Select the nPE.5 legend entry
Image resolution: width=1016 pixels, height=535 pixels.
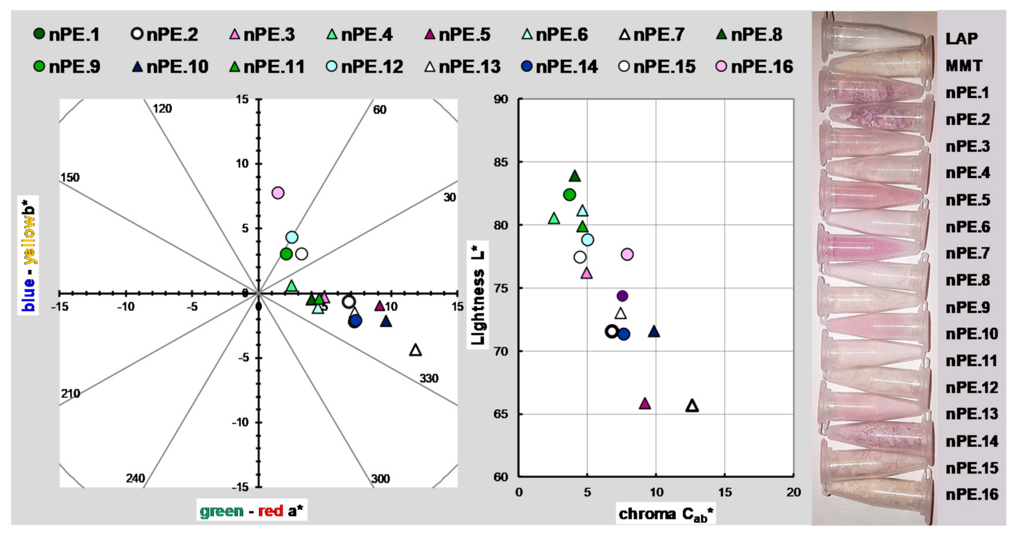(x=458, y=35)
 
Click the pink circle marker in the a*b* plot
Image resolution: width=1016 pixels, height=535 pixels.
(x=278, y=193)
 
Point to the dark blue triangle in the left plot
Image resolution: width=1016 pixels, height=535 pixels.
(x=386, y=321)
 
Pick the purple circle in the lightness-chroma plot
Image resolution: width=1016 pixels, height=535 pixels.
(x=622, y=296)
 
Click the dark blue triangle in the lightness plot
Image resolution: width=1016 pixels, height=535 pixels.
(x=654, y=332)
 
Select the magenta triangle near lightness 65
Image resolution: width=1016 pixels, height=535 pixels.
(x=645, y=404)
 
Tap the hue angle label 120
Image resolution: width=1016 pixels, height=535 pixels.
(x=163, y=109)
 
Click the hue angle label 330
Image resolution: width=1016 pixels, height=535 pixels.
(x=428, y=378)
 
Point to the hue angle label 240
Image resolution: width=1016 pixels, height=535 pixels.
(x=135, y=478)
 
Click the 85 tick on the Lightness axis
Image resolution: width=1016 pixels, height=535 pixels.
(x=501, y=162)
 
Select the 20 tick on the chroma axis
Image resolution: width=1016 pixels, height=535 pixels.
(x=793, y=492)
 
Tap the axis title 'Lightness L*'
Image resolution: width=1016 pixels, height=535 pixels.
(x=478, y=295)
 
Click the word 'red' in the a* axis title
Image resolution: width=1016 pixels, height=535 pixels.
(x=270, y=512)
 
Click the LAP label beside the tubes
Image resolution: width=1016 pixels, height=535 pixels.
(x=962, y=39)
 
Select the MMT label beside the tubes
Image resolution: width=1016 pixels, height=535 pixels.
(x=964, y=66)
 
